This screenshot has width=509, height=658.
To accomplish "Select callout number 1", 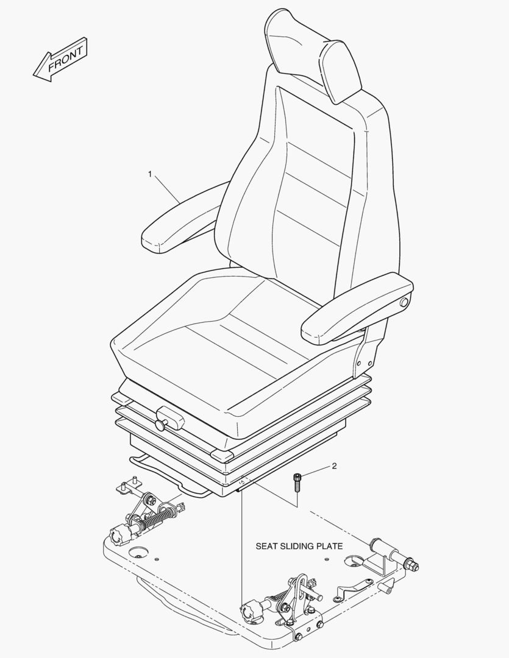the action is pyautogui.click(x=150, y=174).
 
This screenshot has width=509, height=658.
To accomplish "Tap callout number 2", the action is pyautogui.click(x=334, y=466).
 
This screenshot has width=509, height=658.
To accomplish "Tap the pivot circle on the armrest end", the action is pyautogui.click(x=403, y=303).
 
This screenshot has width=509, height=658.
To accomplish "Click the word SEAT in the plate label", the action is pyautogui.click(x=266, y=546).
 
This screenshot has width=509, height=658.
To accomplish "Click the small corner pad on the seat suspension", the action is pyautogui.click(x=223, y=455).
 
